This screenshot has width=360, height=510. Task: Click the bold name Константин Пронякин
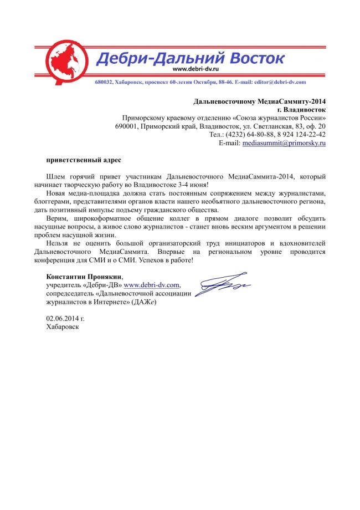click(83, 277)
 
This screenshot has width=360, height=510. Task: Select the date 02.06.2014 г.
click(65, 319)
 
